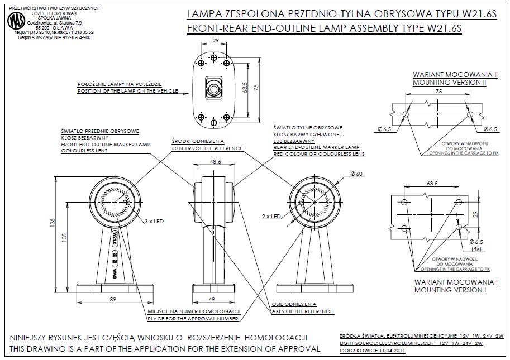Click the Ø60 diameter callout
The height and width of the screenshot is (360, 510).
pyautogui.click(x=358, y=175)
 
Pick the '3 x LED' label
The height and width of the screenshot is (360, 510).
pyautogui.click(x=154, y=221)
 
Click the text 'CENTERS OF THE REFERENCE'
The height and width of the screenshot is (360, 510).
pyautogui.click(x=206, y=149)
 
